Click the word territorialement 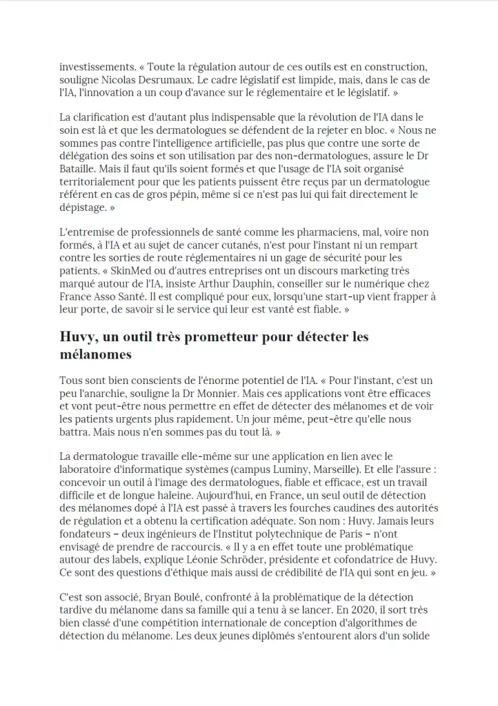pyautogui.click(x=103, y=181)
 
